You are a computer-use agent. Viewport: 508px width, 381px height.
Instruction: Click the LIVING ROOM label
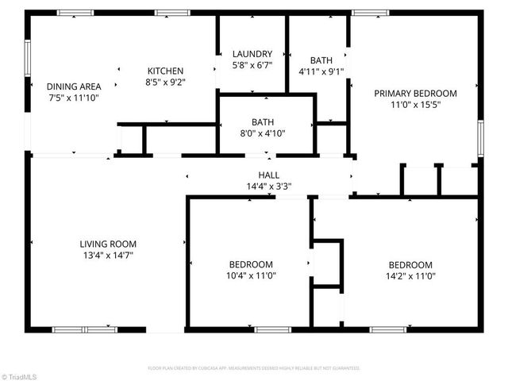107,244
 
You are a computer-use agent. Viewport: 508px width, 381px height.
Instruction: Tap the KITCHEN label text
164,71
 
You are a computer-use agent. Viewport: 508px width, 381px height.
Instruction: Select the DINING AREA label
71,87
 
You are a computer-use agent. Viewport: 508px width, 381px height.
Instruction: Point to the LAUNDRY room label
252,54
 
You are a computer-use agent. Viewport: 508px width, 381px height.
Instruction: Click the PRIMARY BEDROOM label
415,93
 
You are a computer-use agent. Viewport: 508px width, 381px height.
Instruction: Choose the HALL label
268,175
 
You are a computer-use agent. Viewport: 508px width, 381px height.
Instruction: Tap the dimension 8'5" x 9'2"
164,81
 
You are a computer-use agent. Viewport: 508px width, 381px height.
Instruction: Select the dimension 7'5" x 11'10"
71,98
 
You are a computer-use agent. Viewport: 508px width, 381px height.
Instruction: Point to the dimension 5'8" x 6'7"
252,65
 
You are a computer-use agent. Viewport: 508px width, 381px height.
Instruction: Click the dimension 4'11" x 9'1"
321,71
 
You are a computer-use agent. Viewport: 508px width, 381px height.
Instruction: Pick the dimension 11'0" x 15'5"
415,104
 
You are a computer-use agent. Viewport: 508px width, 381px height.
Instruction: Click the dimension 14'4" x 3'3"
268,187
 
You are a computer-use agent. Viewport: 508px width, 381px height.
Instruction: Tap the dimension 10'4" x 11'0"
251,275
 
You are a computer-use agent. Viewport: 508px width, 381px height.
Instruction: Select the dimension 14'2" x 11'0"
410,275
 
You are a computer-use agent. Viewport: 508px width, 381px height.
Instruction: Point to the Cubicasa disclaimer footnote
254,368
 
